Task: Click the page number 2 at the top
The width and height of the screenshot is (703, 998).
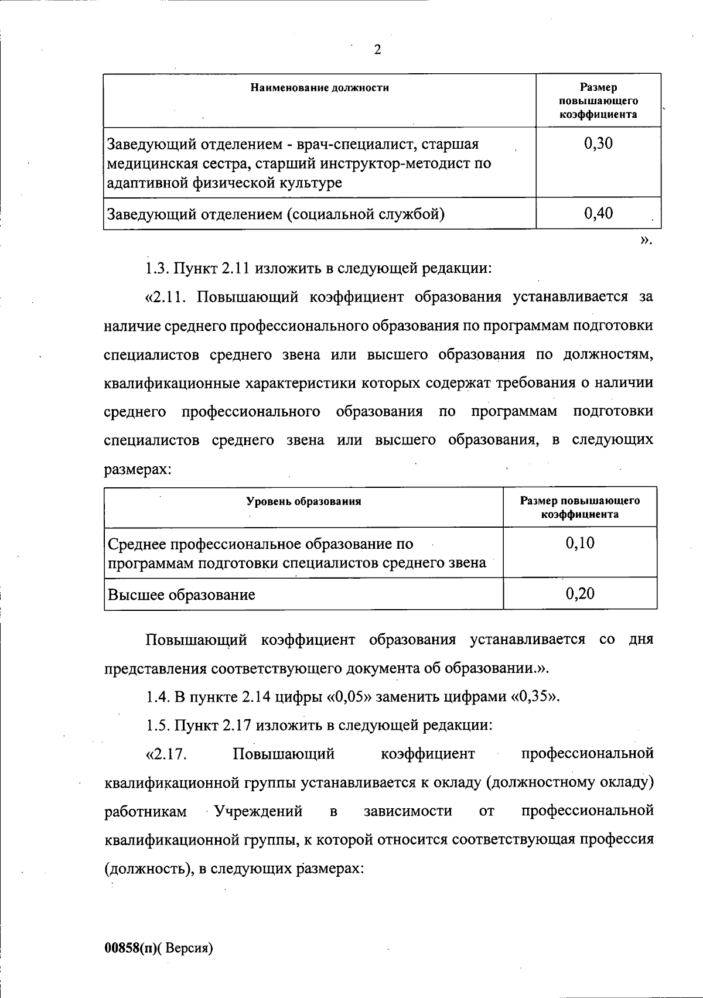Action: (377, 50)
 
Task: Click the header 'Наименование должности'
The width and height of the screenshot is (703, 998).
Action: (319, 88)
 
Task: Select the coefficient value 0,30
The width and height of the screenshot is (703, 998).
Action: (598, 143)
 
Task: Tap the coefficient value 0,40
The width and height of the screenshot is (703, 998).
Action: (598, 213)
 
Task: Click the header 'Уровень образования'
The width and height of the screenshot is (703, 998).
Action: (303, 501)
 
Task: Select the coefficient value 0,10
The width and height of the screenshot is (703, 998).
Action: (579, 544)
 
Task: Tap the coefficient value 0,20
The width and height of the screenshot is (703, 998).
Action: (579, 594)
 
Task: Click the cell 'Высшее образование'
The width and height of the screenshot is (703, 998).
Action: (182, 595)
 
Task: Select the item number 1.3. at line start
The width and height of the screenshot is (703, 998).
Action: (157, 269)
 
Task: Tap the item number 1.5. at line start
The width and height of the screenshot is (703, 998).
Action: (157, 726)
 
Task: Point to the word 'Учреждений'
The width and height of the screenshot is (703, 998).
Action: (258, 811)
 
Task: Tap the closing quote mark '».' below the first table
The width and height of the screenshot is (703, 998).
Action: (646, 240)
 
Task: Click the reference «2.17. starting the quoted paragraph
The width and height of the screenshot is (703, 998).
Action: (166, 754)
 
